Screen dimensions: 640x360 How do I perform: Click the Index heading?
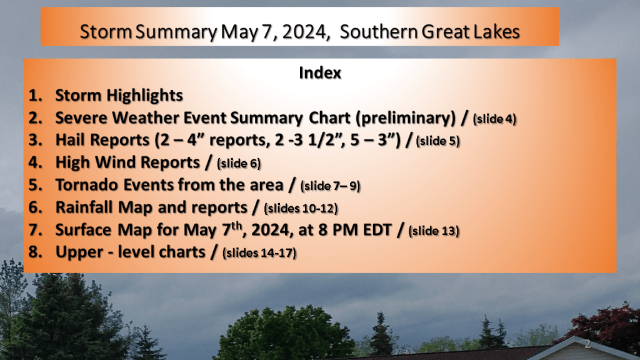pos(319,73)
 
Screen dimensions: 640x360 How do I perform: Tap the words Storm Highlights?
pos(119,96)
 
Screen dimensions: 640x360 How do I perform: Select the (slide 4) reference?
pos(494,119)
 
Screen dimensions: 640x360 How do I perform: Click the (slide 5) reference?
pos(437,141)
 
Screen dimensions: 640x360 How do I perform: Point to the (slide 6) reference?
pos(239,164)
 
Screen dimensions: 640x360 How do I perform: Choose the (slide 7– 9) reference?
pos(330,186)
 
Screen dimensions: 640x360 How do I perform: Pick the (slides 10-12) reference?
pos(301,209)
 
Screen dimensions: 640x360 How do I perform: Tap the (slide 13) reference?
pos(434,231)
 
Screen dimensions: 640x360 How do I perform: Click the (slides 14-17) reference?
pos(259,253)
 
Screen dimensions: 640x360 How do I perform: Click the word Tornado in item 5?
pos(87,185)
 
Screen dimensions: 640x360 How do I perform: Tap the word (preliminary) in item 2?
pos(405,118)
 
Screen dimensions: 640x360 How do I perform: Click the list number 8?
pos(35,252)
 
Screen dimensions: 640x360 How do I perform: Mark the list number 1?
pos(35,96)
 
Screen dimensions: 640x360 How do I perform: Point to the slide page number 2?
pos(587,344)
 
